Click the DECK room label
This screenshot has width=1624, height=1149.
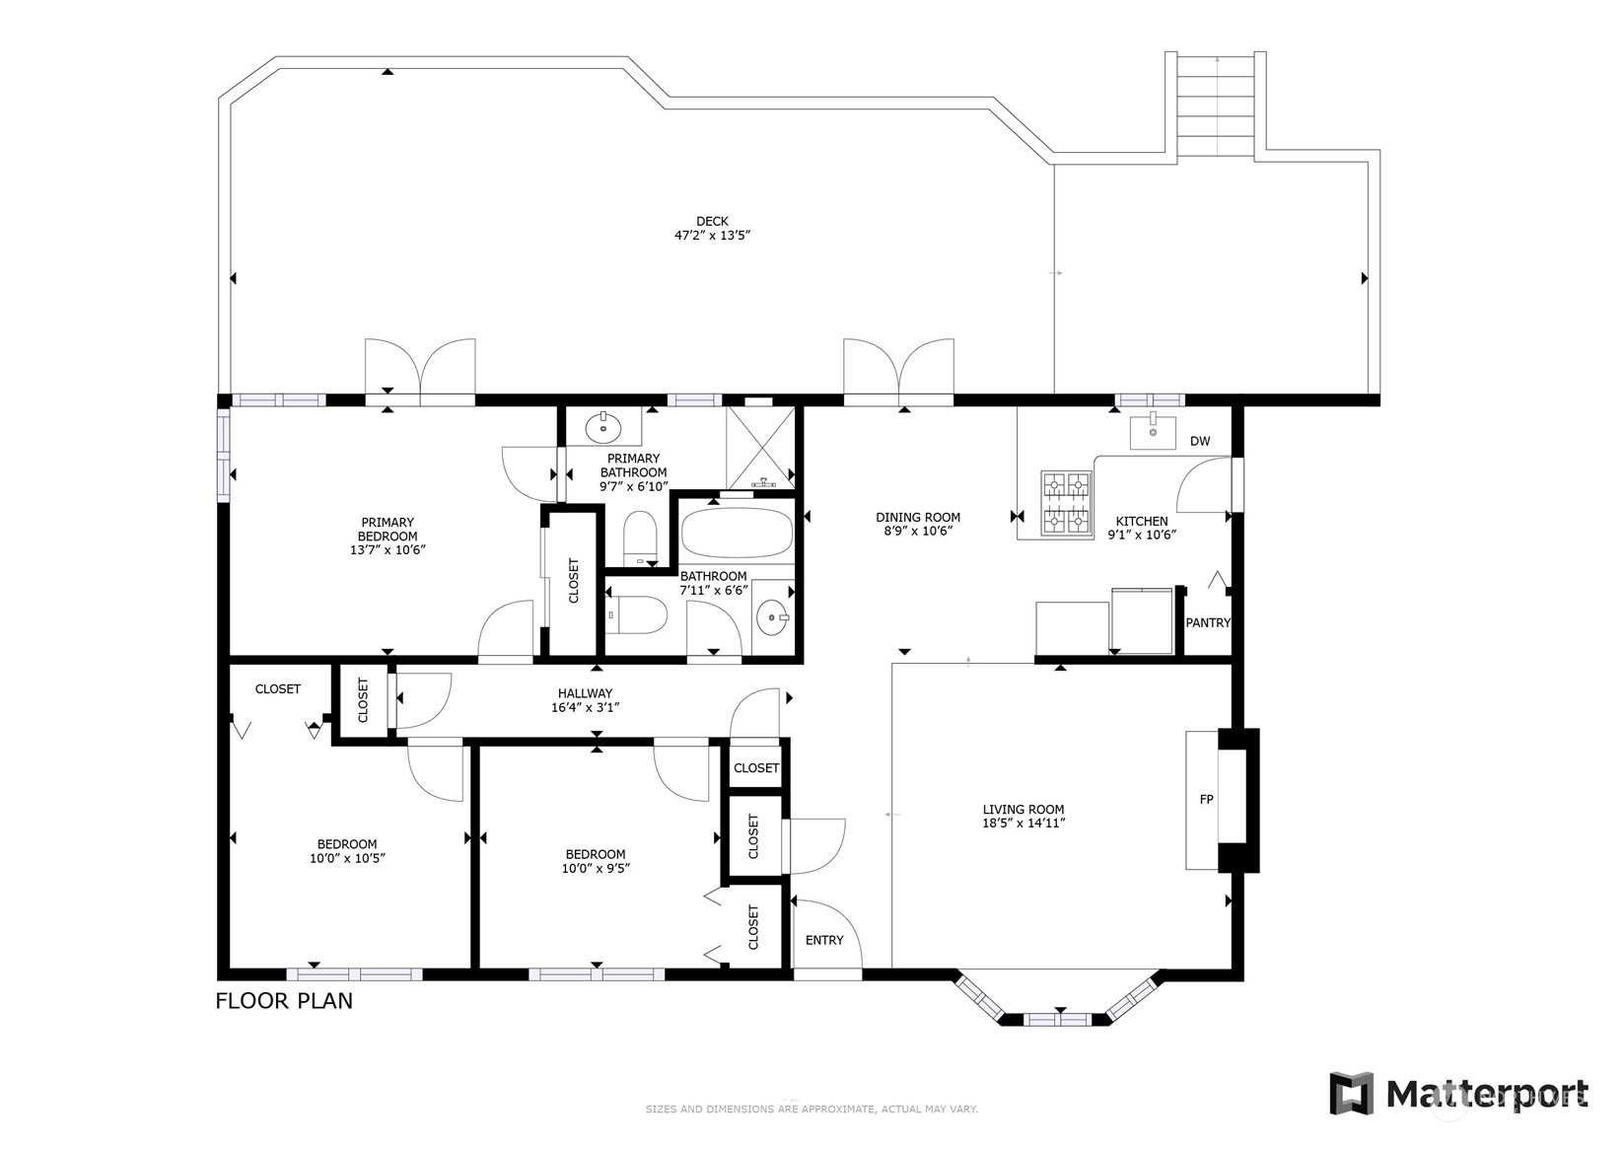(712, 221)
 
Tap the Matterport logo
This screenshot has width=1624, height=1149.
(1459, 1093)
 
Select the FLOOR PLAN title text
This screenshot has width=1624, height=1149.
(284, 1001)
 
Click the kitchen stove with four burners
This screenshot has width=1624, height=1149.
(1067, 503)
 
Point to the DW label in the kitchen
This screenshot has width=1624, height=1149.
(1200, 441)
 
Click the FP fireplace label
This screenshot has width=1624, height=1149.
(1206, 799)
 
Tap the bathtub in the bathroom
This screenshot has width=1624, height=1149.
(737, 533)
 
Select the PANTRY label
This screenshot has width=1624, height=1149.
(1208, 622)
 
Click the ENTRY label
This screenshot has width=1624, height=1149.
(824, 940)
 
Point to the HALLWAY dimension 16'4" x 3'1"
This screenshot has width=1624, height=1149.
(585, 707)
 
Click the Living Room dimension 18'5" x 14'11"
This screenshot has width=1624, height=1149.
(1024, 823)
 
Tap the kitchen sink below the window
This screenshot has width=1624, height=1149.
(1153, 432)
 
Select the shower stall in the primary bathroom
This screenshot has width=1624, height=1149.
(760, 447)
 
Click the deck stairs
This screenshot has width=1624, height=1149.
(1216, 106)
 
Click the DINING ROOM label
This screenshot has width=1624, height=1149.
(918, 517)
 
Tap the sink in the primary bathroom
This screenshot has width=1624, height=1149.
(603, 427)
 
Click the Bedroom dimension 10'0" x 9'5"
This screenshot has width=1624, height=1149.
(596, 868)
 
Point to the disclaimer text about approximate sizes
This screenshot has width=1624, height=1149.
(812, 1110)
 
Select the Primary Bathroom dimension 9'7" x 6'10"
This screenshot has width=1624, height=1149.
(634, 486)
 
